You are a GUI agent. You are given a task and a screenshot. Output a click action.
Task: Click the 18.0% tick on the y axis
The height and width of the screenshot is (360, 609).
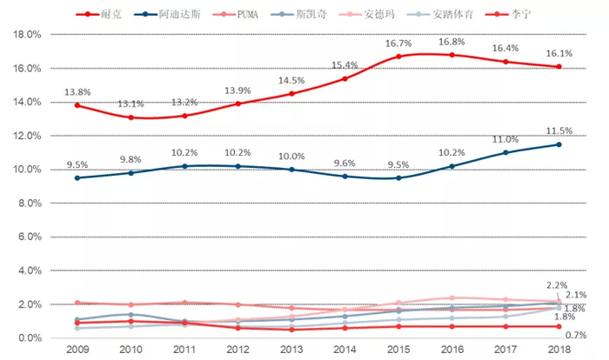pos(25,35)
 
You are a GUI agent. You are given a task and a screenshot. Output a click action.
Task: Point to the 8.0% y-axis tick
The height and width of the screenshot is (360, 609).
pos(28,203)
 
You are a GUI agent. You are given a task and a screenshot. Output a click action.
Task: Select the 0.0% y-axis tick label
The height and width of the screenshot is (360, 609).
pos(28,338)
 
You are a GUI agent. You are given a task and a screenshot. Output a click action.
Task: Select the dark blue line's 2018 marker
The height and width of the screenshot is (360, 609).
pos(559,144)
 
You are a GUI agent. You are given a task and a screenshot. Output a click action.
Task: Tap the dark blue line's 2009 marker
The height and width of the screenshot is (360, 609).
pos(77,177)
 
